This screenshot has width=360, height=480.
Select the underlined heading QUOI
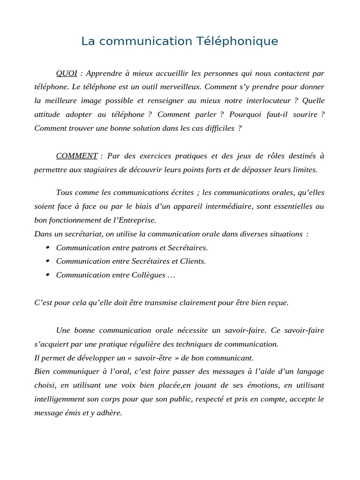67,73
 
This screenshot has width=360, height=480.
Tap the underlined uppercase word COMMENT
77,156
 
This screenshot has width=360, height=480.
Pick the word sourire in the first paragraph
305,114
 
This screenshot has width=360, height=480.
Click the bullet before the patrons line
48,247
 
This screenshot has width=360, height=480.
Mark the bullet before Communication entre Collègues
48,275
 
